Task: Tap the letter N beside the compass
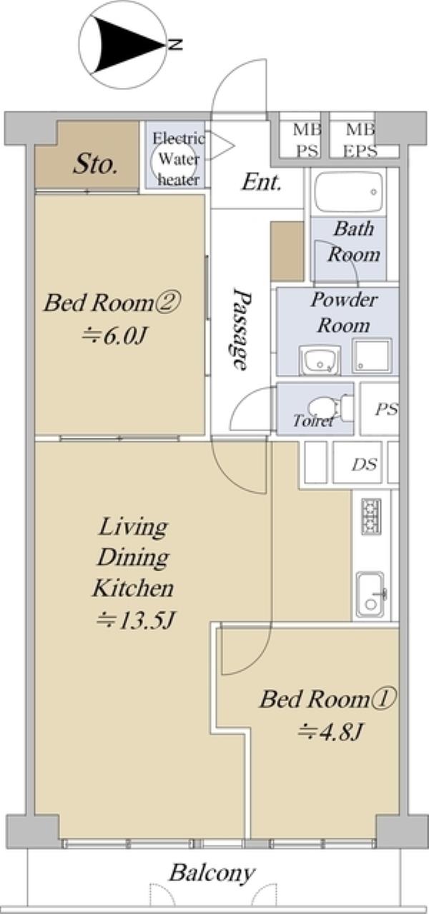click(x=176, y=44)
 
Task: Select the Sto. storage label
click(x=96, y=165)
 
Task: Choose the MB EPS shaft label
click(x=360, y=141)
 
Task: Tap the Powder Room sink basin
click(x=320, y=360)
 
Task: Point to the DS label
click(x=365, y=464)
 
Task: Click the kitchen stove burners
click(x=371, y=516)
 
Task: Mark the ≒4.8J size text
click(x=330, y=733)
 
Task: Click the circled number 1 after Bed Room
click(x=383, y=700)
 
